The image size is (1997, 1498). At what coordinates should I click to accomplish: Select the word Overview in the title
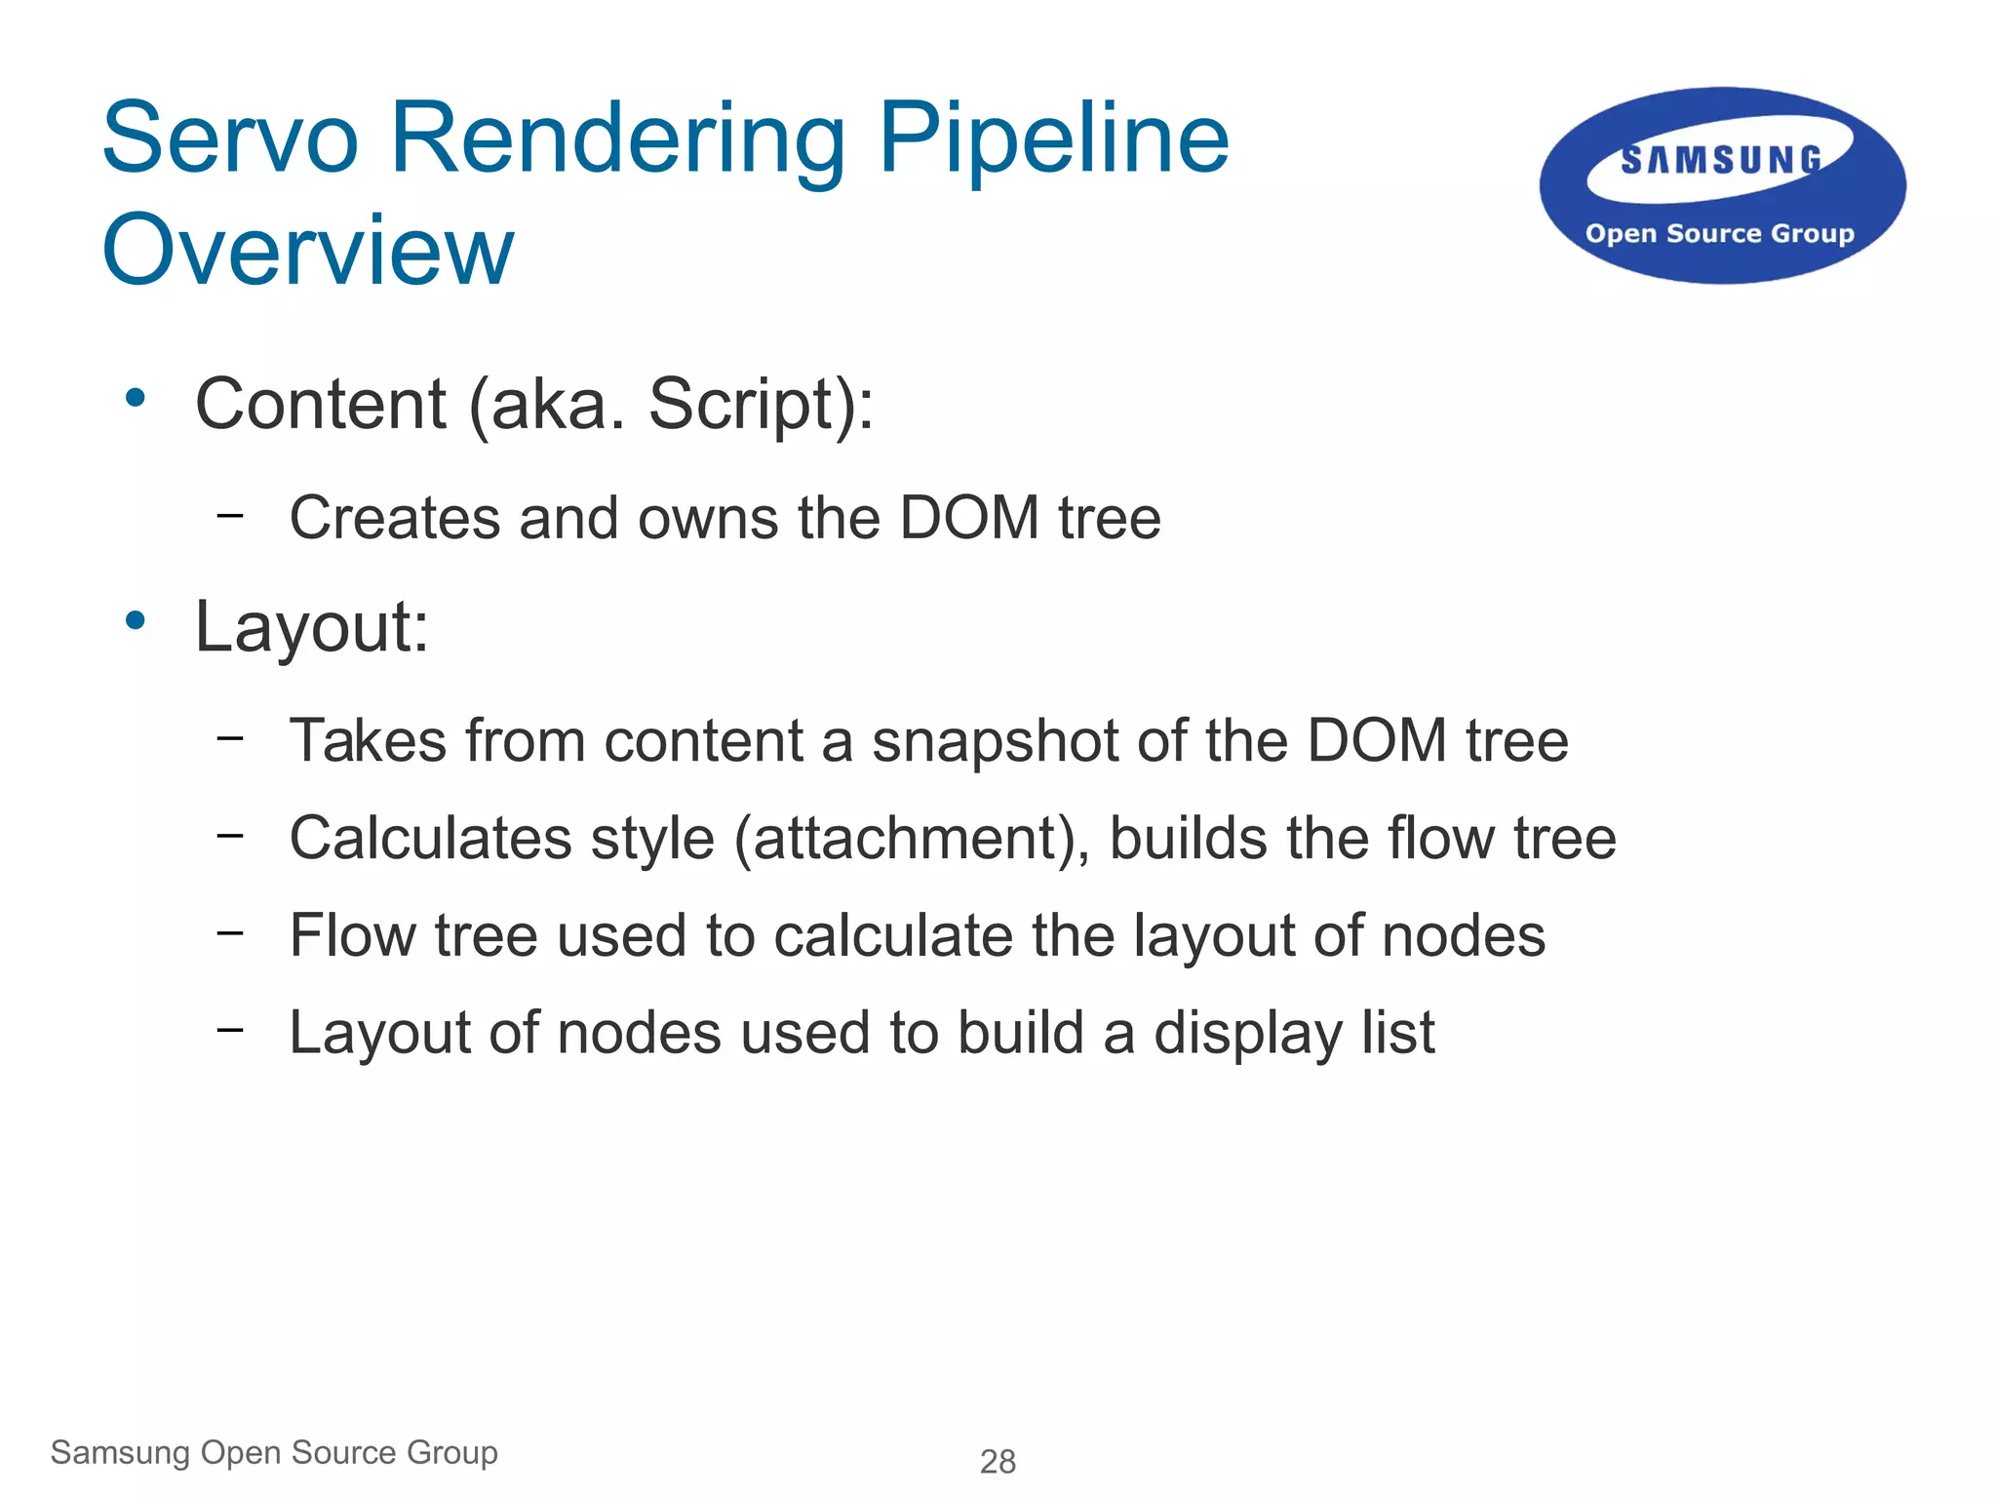point(307,251)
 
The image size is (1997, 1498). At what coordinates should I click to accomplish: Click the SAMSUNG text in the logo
point(1721,160)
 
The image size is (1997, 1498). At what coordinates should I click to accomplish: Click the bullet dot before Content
point(136,398)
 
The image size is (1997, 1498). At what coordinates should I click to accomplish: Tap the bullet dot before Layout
point(136,620)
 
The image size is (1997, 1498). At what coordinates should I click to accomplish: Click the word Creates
point(395,517)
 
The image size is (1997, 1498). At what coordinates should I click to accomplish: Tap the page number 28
point(998,1461)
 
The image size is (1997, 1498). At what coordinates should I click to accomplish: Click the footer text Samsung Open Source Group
point(274,1452)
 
